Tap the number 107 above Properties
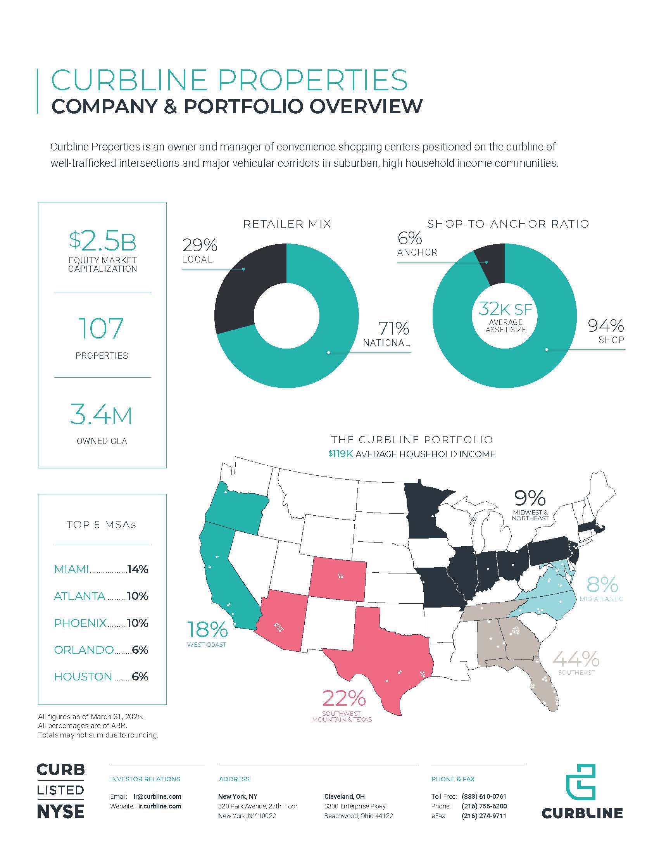(101, 328)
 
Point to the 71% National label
(386, 334)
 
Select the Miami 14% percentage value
(138, 569)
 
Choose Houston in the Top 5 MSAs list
(83, 677)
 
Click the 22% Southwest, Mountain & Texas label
(342, 706)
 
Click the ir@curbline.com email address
(157, 796)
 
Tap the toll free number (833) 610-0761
(484, 796)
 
